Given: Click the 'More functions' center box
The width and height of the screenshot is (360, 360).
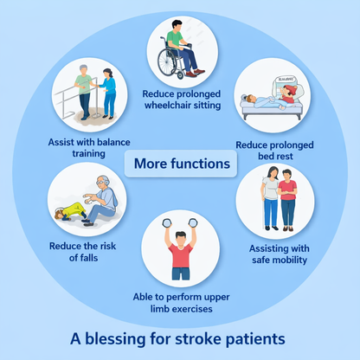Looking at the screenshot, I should pyautogui.click(x=180, y=163).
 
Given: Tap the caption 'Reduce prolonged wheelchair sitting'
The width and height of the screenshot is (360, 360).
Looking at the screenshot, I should pyautogui.click(x=180, y=100).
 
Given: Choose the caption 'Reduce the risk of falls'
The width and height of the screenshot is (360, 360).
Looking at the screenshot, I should pyautogui.click(x=75, y=252).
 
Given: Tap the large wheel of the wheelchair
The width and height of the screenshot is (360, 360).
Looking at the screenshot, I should pyautogui.click(x=167, y=64).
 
